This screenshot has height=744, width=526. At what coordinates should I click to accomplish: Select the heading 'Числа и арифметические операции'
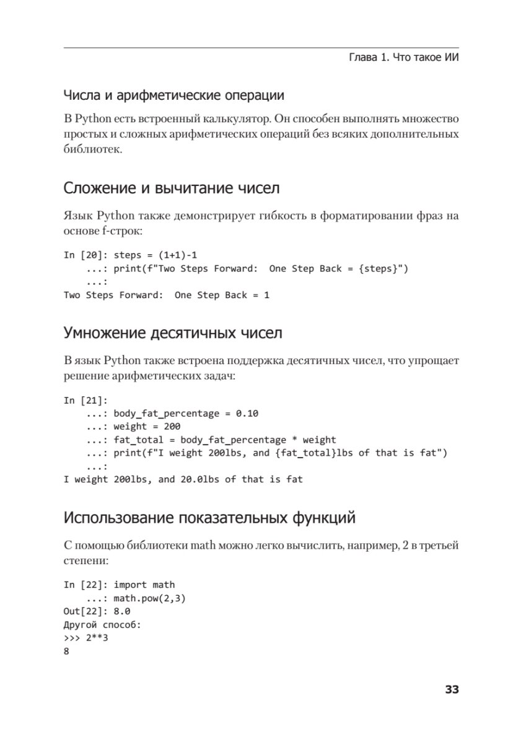pyautogui.click(x=174, y=95)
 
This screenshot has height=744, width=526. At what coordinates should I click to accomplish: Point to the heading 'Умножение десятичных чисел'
pyautogui.click(x=173, y=333)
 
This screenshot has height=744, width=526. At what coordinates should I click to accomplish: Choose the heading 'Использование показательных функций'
pyautogui.click(x=209, y=517)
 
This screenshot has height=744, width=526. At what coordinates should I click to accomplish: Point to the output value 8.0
pyautogui.click(x=122, y=611)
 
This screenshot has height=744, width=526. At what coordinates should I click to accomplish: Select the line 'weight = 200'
pyautogui.click(x=147, y=427)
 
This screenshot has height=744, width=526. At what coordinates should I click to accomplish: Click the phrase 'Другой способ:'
pyautogui.click(x=102, y=624)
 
